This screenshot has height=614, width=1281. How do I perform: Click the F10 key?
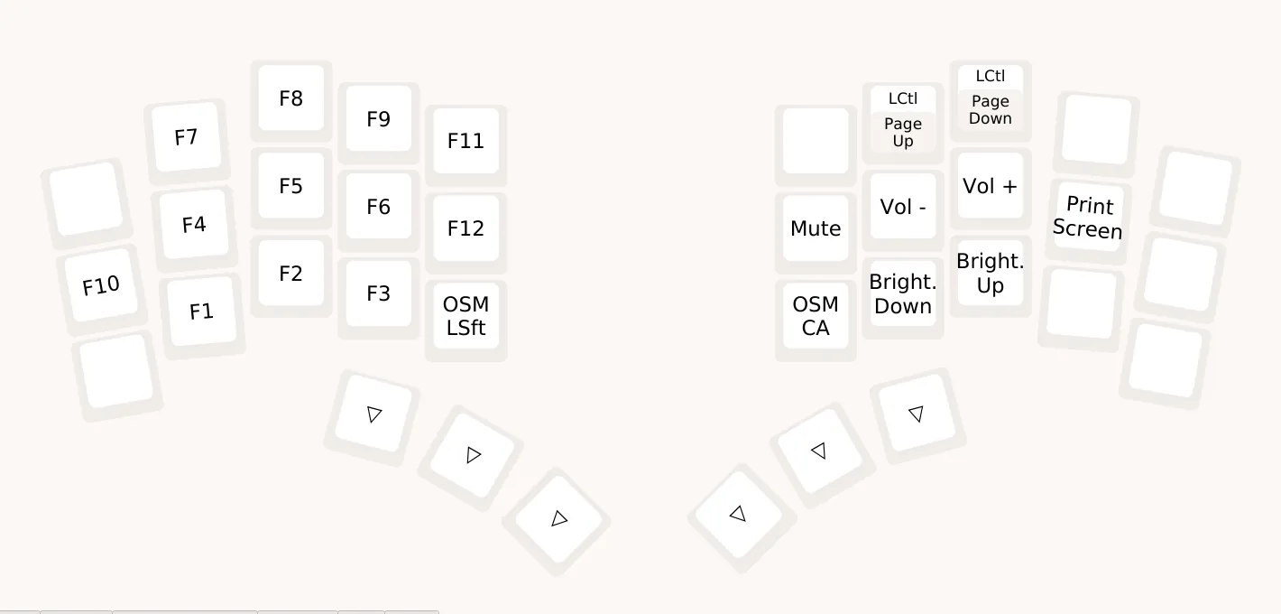pos(101,286)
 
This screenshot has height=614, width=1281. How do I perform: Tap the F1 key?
pos(201,312)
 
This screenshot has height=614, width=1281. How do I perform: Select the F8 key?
pos(290,98)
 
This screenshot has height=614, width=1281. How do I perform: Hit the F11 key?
pos(465,141)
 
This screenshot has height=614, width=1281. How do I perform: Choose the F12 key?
pos(465,228)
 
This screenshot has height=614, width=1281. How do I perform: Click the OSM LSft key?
pos(465,316)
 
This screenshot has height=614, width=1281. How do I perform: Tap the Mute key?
pos(816,228)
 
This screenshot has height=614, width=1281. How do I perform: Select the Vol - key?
pos(903,207)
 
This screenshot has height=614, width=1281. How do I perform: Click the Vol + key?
pos(990,186)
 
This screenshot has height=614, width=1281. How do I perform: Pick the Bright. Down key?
pos(903,294)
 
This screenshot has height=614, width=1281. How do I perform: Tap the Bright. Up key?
pos(990,274)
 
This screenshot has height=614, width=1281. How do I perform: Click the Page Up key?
pos(903,132)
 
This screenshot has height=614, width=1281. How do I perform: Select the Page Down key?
pos(990,110)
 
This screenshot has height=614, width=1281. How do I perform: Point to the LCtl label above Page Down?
pos(990,77)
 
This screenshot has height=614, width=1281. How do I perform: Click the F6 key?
pos(378,207)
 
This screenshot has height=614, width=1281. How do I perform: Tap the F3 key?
pos(378,294)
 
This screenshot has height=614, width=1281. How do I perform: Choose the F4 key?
pos(194,225)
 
